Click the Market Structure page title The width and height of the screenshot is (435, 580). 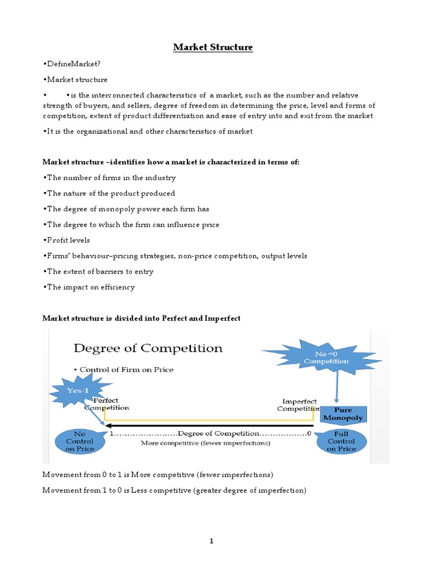(213, 47)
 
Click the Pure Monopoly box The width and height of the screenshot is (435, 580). (342, 415)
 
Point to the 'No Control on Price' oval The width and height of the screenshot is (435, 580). (80, 441)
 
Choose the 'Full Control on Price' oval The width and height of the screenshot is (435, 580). (341, 441)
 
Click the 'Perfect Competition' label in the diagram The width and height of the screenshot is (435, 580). (106, 404)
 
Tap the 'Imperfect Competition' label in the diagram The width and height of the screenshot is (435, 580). (298, 404)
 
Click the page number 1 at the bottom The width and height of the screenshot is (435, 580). (212, 541)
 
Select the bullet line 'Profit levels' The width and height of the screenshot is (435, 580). (66, 240)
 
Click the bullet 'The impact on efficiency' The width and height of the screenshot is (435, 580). (89, 287)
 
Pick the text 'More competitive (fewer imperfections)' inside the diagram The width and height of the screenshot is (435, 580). (206, 443)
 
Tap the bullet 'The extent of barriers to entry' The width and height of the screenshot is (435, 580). (98, 271)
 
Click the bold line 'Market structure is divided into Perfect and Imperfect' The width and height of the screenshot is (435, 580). (142, 318)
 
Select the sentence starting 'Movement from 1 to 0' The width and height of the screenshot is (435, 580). (174, 491)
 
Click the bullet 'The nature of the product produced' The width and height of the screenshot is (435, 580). (109, 193)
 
